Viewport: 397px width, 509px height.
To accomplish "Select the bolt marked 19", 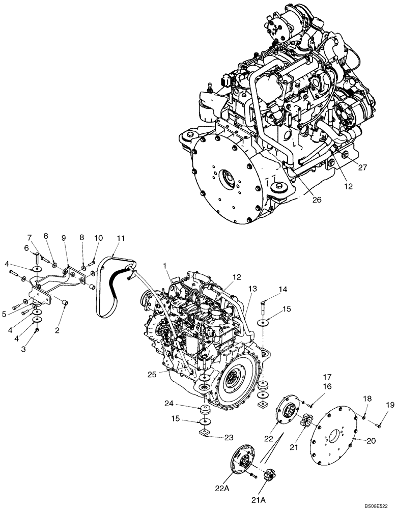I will (377, 421).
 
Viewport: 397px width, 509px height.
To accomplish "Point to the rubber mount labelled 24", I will (207, 410).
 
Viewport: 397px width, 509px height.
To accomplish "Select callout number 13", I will (253, 289).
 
